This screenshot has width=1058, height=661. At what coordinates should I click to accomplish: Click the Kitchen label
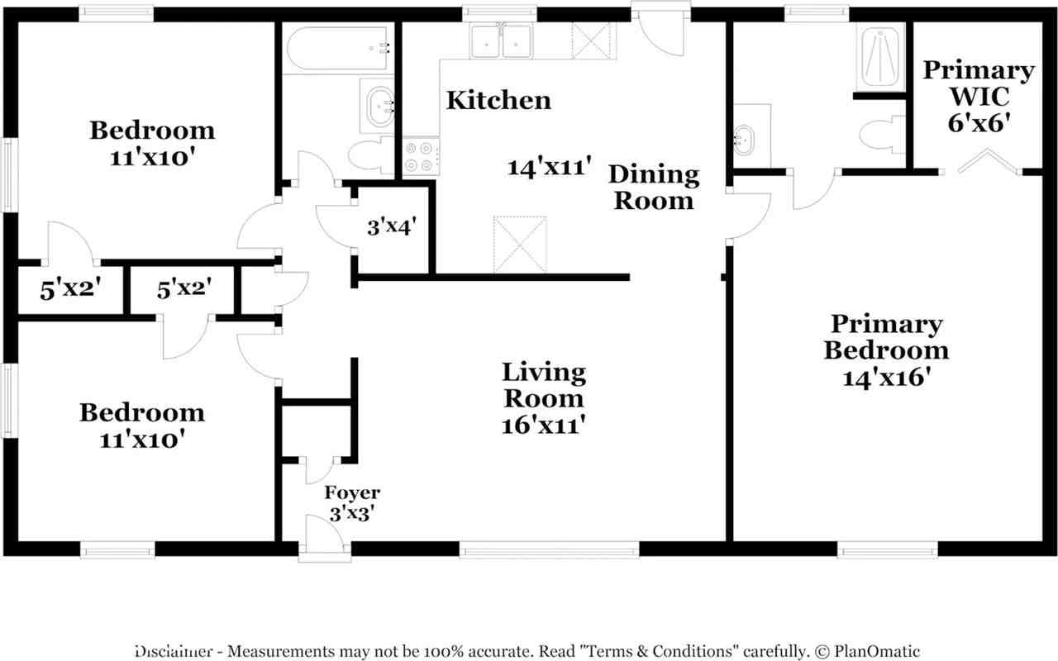point(498,100)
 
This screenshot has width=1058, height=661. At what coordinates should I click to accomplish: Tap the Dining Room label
point(654,188)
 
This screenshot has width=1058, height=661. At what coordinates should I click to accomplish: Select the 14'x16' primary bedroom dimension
point(887,378)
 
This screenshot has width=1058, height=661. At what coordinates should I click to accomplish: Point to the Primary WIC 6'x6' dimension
point(979,123)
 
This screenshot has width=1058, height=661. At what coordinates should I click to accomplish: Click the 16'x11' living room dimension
point(544,425)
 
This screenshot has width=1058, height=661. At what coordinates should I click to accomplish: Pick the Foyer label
point(352,493)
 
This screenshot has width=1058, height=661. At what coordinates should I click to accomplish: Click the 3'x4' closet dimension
point(392,226)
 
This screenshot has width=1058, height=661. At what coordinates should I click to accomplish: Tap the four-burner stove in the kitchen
point(421,156)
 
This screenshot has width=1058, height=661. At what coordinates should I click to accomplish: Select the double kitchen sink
point(501,41)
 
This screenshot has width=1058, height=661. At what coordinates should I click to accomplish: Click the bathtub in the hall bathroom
point(337,49)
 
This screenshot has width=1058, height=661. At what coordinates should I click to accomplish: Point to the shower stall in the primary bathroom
point(880,57)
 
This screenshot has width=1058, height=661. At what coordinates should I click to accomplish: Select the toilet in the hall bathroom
point(371,155)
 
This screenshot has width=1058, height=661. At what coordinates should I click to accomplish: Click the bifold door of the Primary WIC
point(987,162)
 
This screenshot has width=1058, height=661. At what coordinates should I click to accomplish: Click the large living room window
point(550,549)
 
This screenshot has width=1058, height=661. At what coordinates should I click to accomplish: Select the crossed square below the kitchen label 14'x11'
point(520,245)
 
